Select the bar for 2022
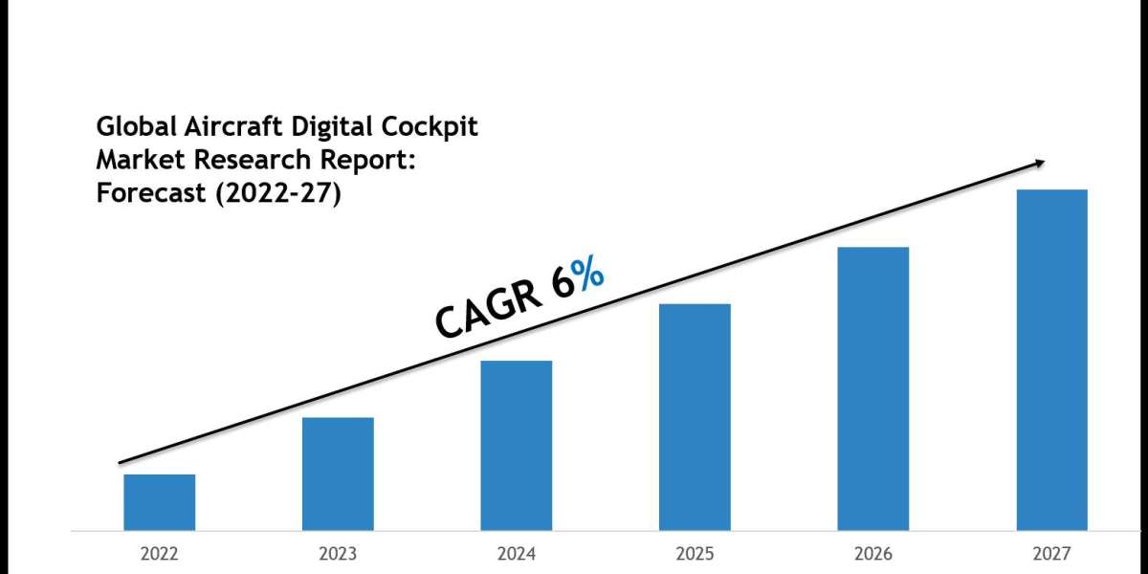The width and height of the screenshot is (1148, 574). [159, 502]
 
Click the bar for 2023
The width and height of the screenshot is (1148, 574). [338, 474]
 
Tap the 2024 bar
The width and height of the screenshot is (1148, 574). [517, 445]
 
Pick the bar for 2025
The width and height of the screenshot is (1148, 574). [695, 417]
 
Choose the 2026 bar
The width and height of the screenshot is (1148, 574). [873, 388]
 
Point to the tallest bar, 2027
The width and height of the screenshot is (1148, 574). [1051, 360]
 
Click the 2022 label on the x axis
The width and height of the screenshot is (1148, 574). [159, 554]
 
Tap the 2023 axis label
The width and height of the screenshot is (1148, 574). [338, 554]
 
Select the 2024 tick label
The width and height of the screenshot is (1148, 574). [517, 554]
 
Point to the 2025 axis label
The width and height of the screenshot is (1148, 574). [695, 554]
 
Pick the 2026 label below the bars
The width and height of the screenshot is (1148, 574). [873, 554]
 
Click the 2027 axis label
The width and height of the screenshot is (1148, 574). [1051, 554]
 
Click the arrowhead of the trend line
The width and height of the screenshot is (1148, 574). [1039, 164]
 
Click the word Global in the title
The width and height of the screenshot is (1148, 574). [130, 126]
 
